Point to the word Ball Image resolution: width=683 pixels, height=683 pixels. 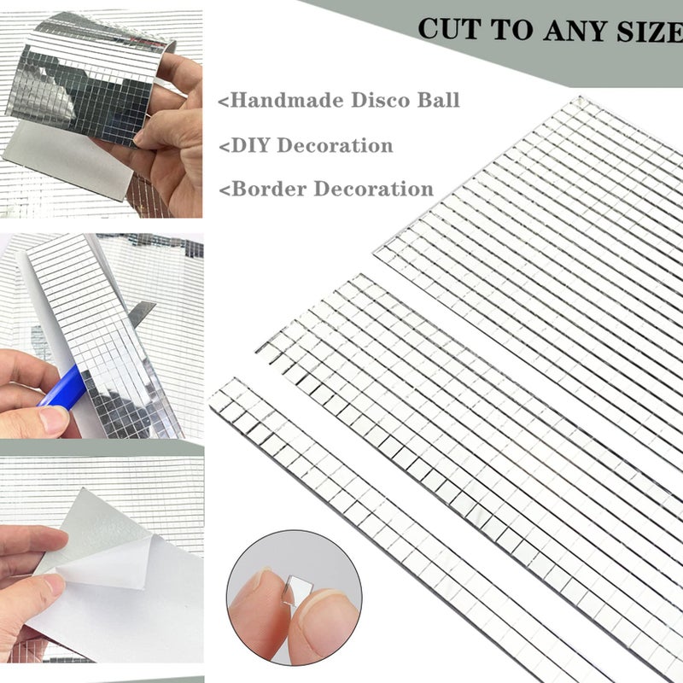439,100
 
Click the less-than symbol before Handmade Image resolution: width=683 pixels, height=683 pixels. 225,102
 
